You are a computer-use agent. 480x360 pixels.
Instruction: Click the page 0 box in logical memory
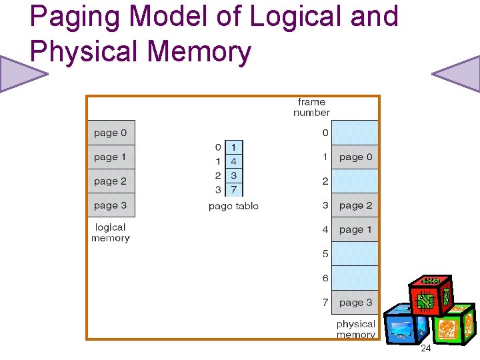point(111,133)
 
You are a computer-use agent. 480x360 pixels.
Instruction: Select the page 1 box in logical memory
point(111,157)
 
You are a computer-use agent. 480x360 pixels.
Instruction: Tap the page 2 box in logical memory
point(111,181)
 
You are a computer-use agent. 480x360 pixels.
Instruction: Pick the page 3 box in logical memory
point(111,205)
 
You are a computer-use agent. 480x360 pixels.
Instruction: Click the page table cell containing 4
point(234,161)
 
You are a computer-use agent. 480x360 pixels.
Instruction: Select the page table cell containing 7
point(234,189)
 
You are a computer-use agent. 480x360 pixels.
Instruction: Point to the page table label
point(233,206)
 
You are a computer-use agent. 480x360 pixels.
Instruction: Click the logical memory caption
point(111,233)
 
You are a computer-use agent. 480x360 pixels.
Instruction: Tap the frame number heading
point(311,107)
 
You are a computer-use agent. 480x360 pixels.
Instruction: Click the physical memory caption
point(355,329)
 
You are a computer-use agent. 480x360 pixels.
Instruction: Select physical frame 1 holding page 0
point(355,157)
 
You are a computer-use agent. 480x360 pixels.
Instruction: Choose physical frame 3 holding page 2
point(355,205)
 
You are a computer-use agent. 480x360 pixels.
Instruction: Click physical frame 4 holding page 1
point(355,229)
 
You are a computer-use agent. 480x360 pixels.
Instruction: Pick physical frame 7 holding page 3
point(355,302)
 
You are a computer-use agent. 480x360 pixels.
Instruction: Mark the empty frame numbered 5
point(355,253)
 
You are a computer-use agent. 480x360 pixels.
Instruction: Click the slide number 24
point(425,349)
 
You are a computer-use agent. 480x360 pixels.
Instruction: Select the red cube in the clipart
point(430,295)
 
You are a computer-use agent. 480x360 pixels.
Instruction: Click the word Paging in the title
point(73,17)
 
